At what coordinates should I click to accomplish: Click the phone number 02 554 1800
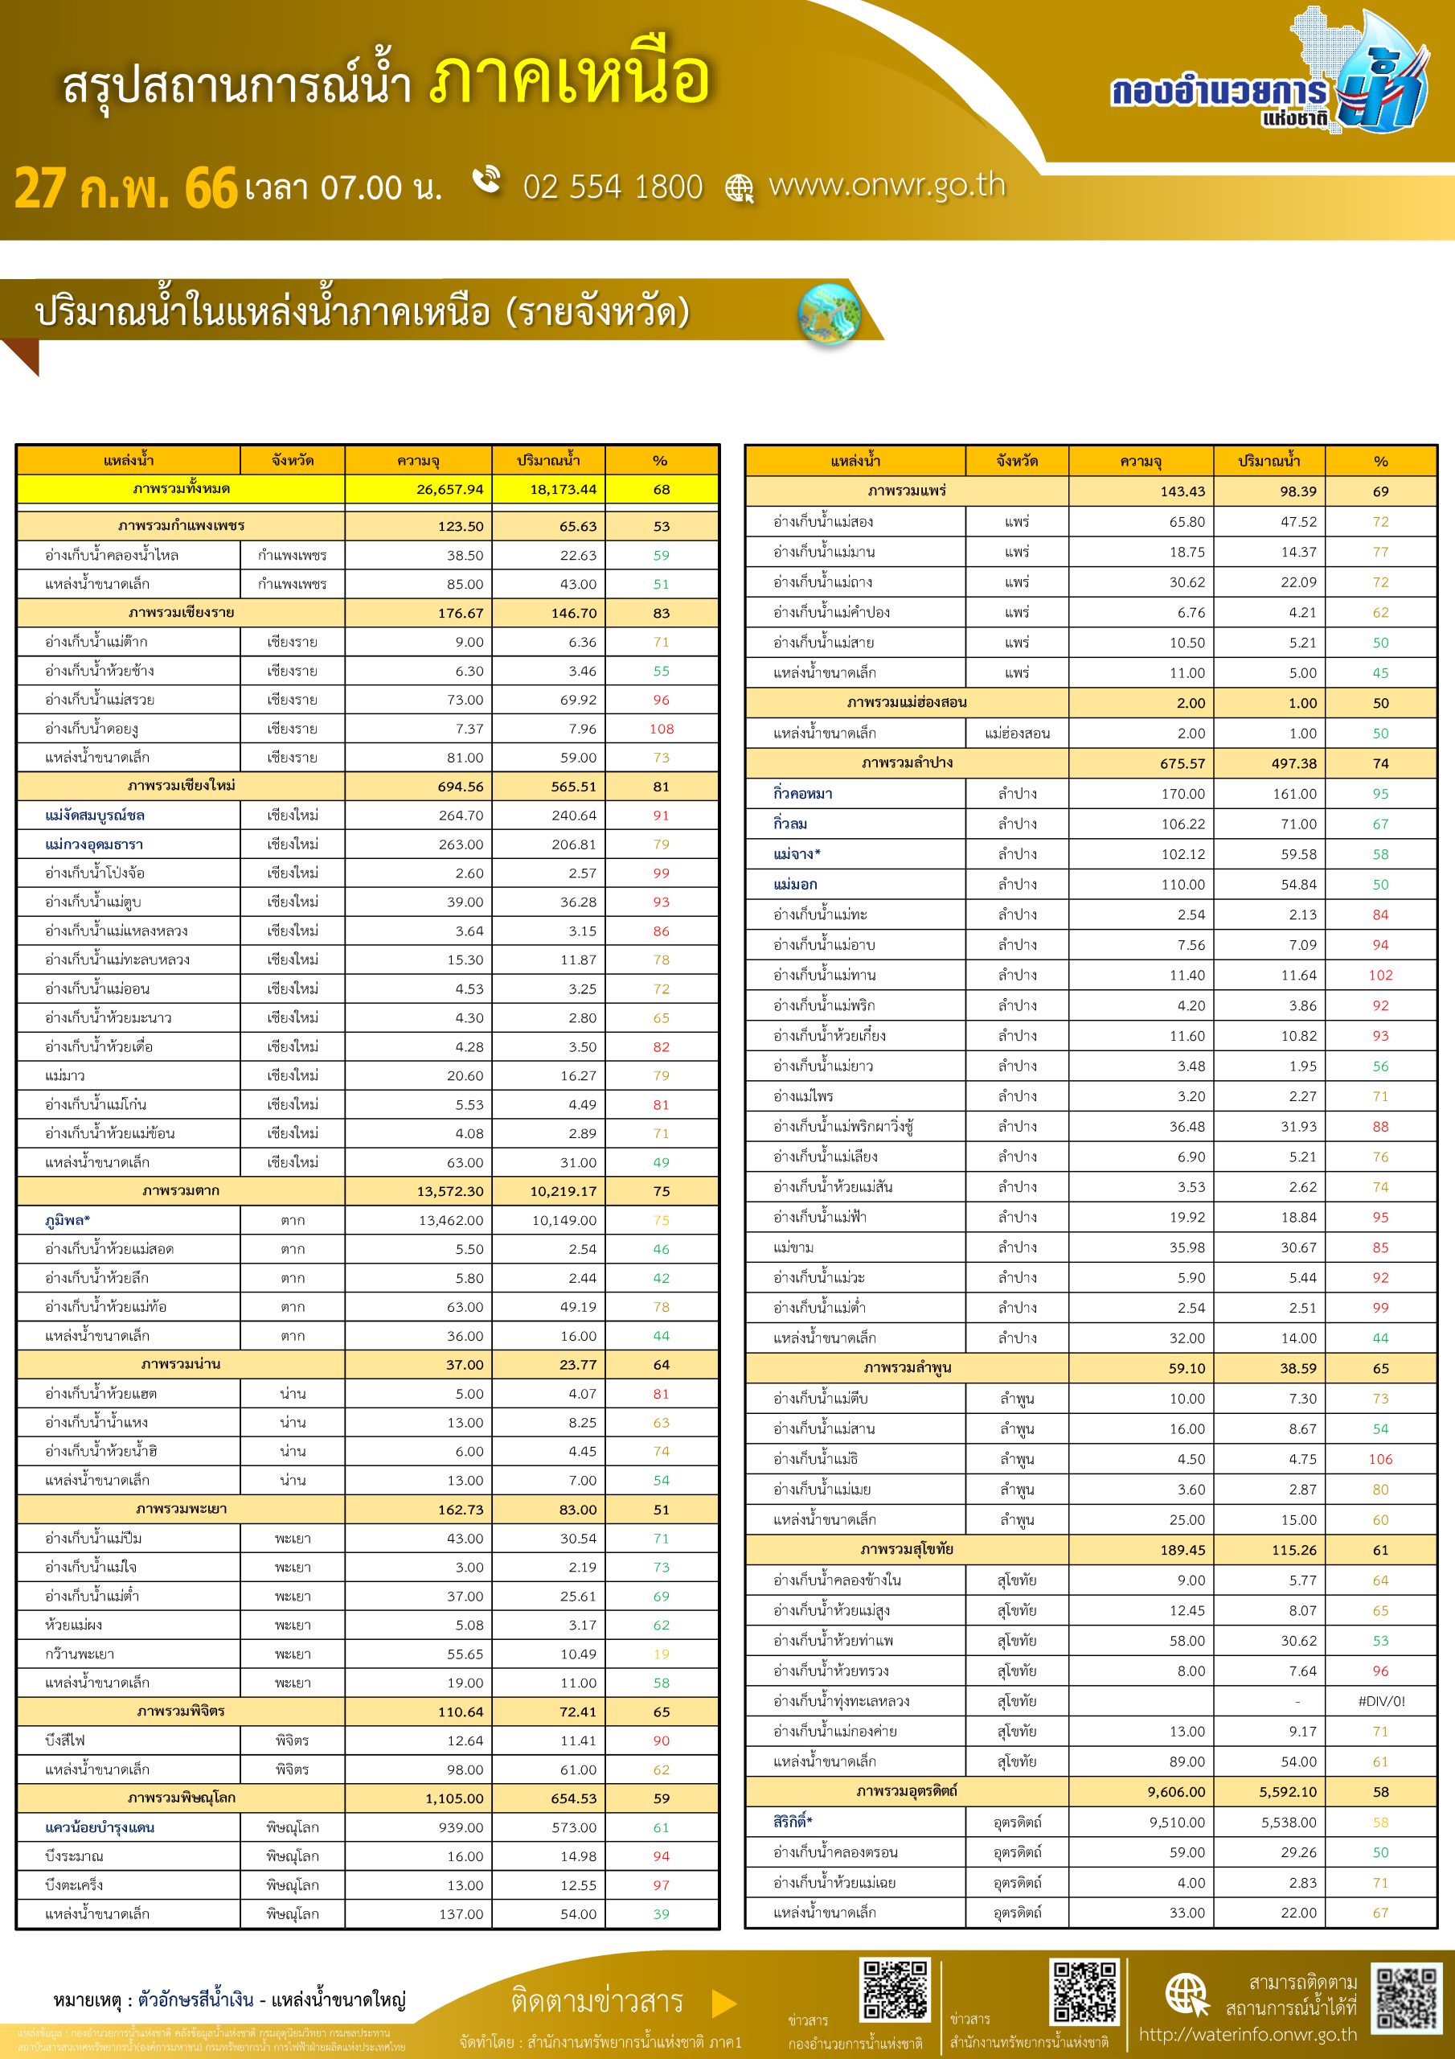click(x=613, y=187)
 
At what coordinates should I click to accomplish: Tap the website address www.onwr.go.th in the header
click(x=887, y=185)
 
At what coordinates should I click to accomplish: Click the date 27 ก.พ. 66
click(x=125, y=188)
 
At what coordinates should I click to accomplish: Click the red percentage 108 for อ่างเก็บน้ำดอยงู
click(x=661, y=729)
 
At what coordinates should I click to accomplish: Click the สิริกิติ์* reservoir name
click(x=793, y=1822)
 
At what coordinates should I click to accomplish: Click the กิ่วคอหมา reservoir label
click(x=802, y=794)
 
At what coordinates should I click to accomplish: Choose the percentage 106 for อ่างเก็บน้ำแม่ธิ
click(x=1379, y=1459)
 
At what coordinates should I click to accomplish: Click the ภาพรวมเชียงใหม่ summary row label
click(x=181, y=787)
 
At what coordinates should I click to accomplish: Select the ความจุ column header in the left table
click(x=418, y=461)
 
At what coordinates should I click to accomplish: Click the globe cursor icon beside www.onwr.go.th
click(x=739, y=187)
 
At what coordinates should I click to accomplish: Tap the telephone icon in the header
click(x=487, y=179)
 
